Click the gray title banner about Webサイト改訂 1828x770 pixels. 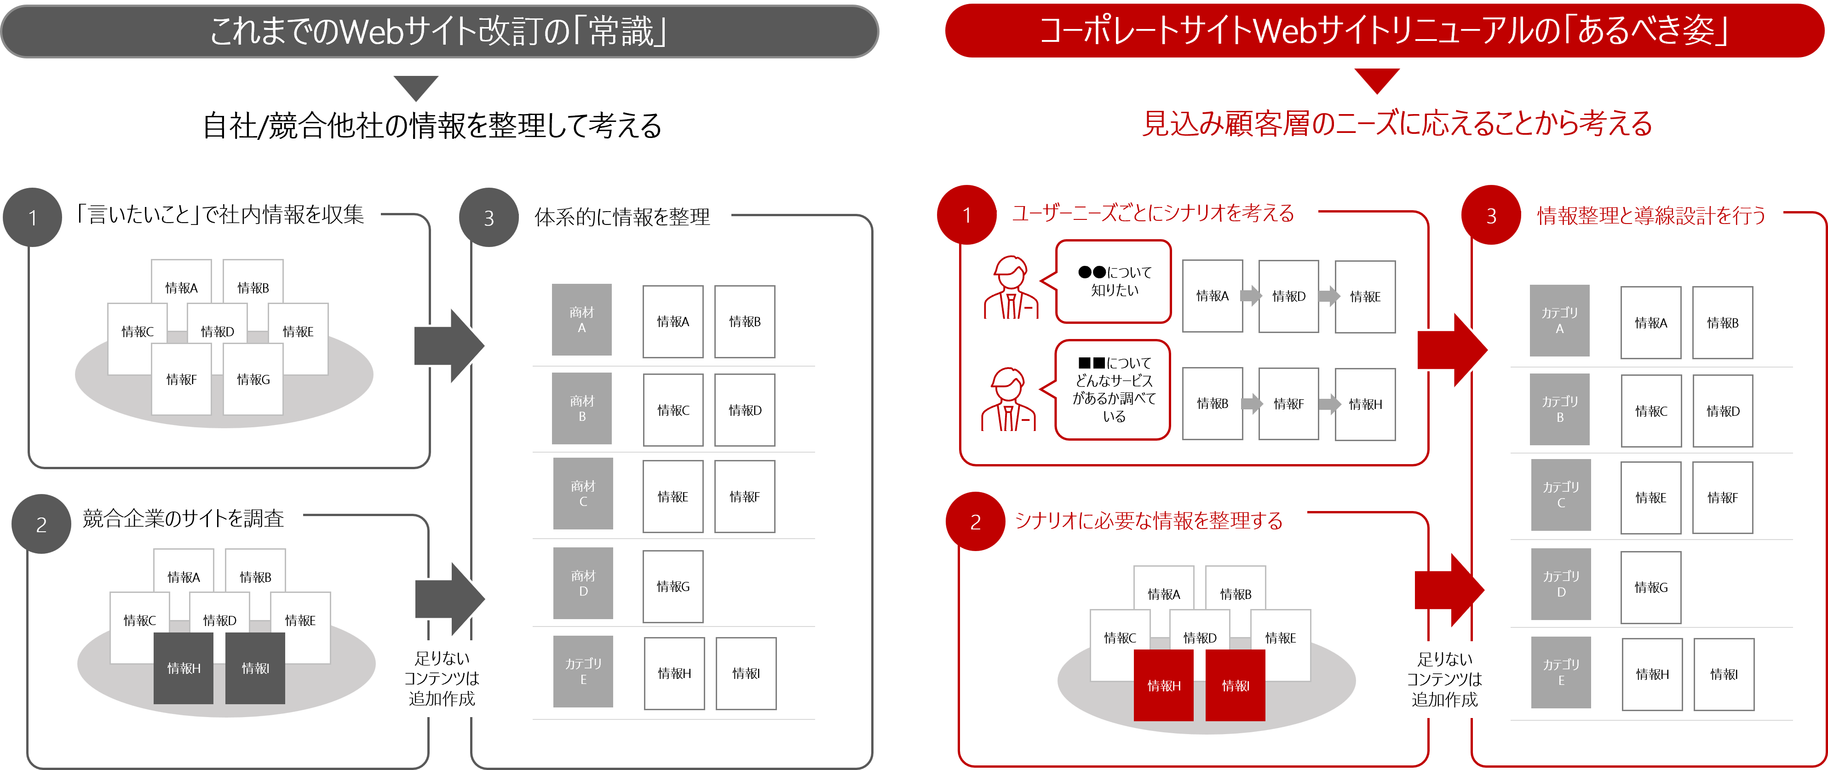pos(439,32)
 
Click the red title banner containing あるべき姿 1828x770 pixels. pos(1384,31)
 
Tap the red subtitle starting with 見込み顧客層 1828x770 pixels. pos(1397,123)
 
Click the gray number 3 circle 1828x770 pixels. pos(488,218)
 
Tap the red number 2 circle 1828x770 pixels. pos(975,522)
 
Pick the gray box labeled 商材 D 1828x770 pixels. pos(583,583)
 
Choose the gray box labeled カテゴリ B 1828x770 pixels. pos(1560,409)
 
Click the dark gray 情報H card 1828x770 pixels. pos(184,668)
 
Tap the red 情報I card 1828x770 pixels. pos(1236,685)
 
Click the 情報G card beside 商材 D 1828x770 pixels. pos(673,586)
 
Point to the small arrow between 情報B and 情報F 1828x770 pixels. pos(1251,404)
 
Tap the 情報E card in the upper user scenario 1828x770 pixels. pos(1365,297)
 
